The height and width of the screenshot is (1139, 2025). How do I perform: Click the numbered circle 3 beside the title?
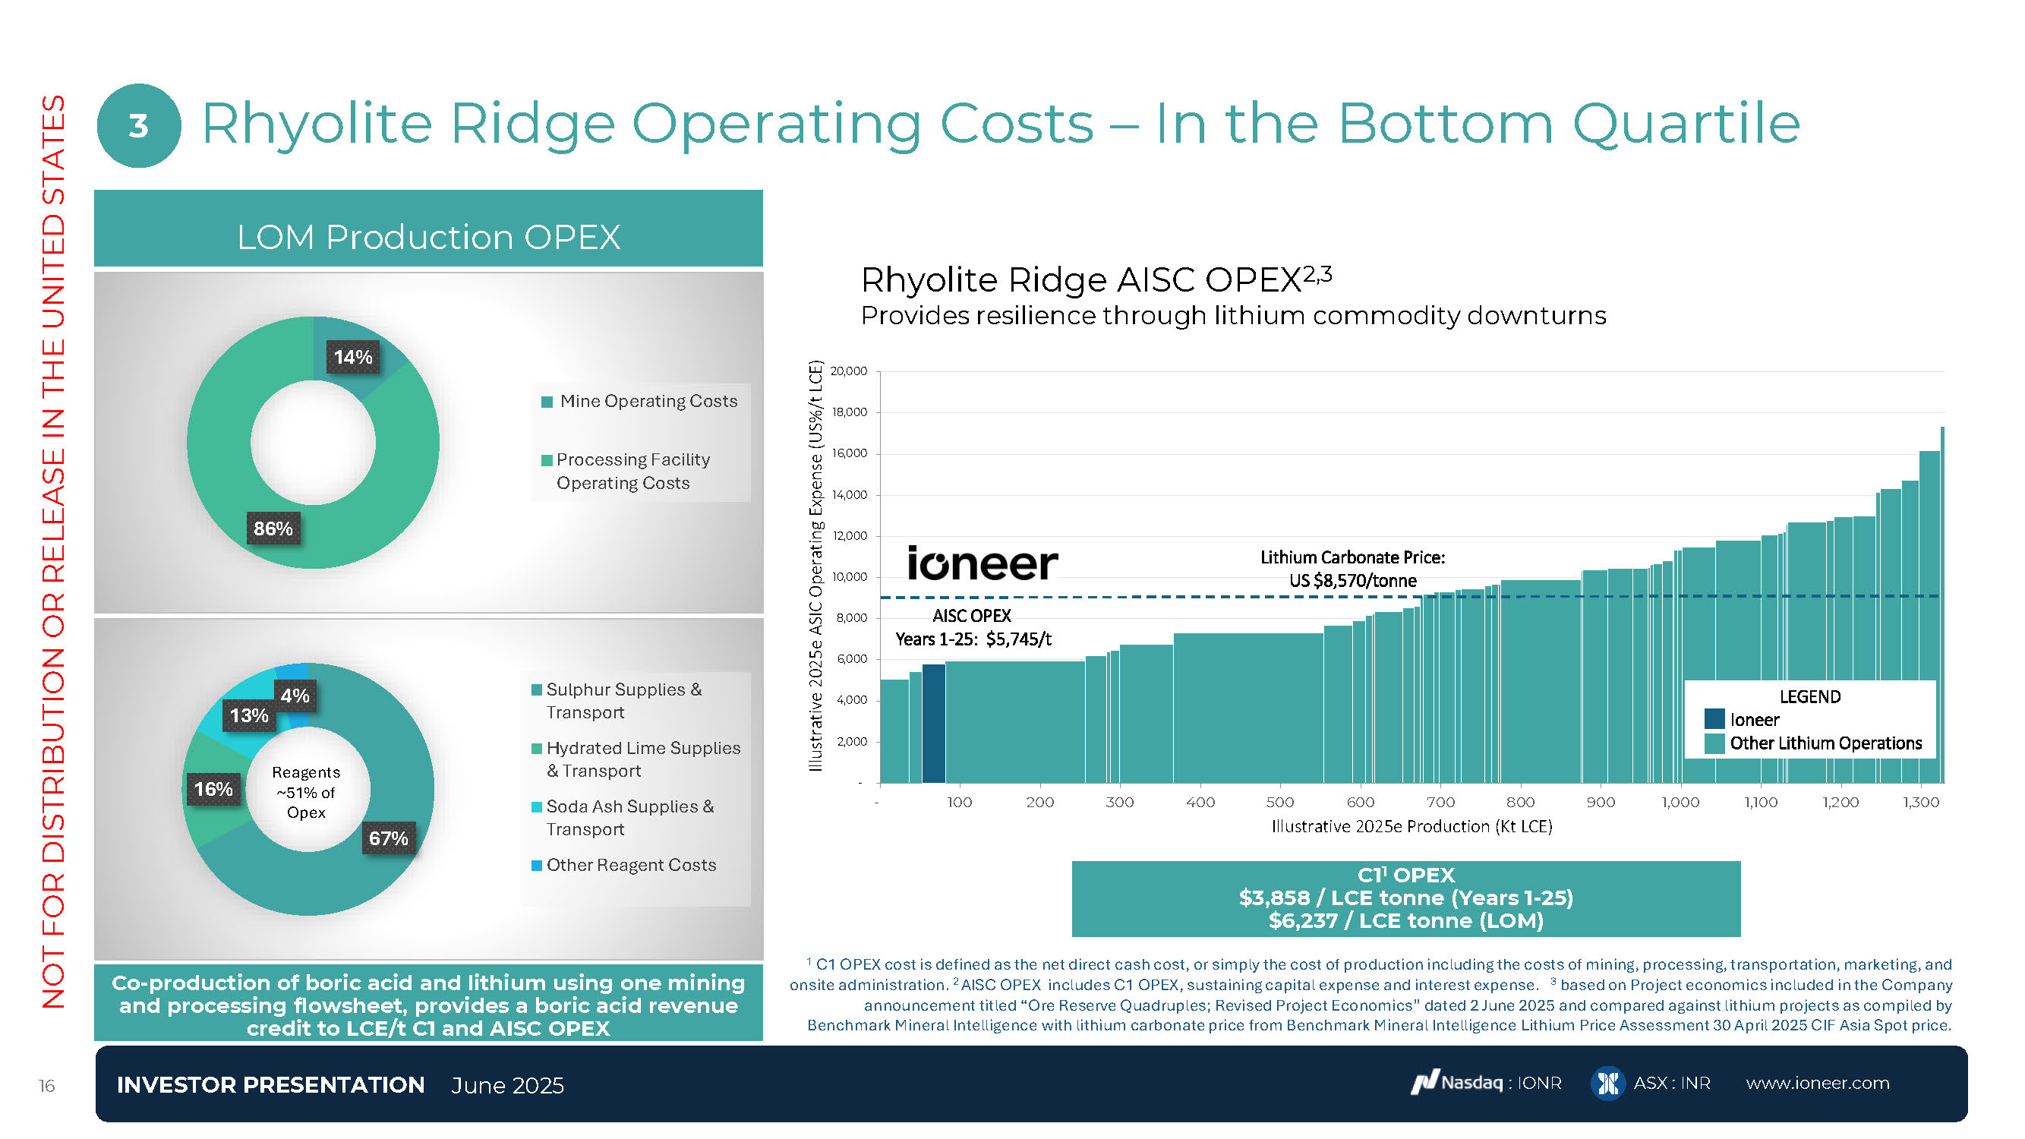138,126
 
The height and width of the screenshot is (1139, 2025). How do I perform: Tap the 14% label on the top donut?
353,358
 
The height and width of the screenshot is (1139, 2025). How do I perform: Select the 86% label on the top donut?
273,529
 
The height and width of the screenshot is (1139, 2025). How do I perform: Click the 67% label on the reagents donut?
388,839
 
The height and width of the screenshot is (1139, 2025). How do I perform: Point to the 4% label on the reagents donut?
295,696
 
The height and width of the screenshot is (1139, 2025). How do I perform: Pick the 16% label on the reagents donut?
213,789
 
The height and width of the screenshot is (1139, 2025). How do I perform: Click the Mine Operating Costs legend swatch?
547,402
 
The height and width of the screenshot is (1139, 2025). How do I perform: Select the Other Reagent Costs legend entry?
630,866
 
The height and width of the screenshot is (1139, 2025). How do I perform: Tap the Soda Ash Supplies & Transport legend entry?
629,819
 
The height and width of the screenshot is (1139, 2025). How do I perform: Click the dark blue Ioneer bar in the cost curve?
933,723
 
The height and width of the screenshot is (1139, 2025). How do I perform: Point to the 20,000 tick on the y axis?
849,371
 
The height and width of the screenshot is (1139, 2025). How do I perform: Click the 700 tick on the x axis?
1440,803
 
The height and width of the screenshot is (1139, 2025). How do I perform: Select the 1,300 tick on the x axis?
1920,803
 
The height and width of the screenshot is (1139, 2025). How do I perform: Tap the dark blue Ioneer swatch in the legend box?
1714,719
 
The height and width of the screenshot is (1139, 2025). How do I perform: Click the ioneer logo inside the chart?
983,563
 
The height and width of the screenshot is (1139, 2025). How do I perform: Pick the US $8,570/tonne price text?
1352,581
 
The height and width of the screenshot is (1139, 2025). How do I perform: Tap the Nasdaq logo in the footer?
1424,1084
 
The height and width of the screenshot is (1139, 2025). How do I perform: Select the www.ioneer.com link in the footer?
1818,1084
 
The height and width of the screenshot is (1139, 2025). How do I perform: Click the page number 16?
46,1087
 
